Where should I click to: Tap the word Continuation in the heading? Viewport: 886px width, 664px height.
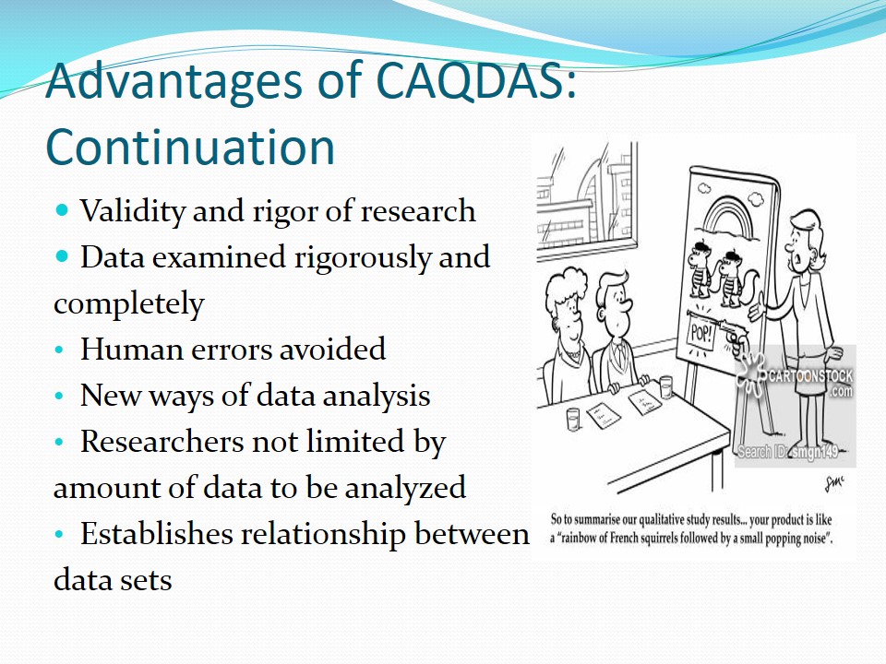tap(191, 147)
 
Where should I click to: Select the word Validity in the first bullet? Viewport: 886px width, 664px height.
tap(133, 212)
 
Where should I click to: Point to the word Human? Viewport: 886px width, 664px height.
tap(131, 349)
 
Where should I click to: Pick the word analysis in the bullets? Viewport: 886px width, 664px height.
tap(376, 396)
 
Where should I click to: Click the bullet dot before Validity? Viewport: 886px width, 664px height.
tap(62, 211)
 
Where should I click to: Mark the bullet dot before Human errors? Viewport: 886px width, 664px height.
tap(60, 350)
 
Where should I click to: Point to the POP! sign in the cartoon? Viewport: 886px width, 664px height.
tap(701, 334)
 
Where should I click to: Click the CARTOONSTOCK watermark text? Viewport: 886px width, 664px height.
tap(810, 376)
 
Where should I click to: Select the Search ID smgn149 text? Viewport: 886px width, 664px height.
tap(788, 452)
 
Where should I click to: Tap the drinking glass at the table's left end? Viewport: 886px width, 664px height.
tap(573, 420)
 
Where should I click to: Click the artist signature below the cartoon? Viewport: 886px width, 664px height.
tap(834, 482)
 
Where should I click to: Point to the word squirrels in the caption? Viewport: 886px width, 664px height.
tap(654, 538)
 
